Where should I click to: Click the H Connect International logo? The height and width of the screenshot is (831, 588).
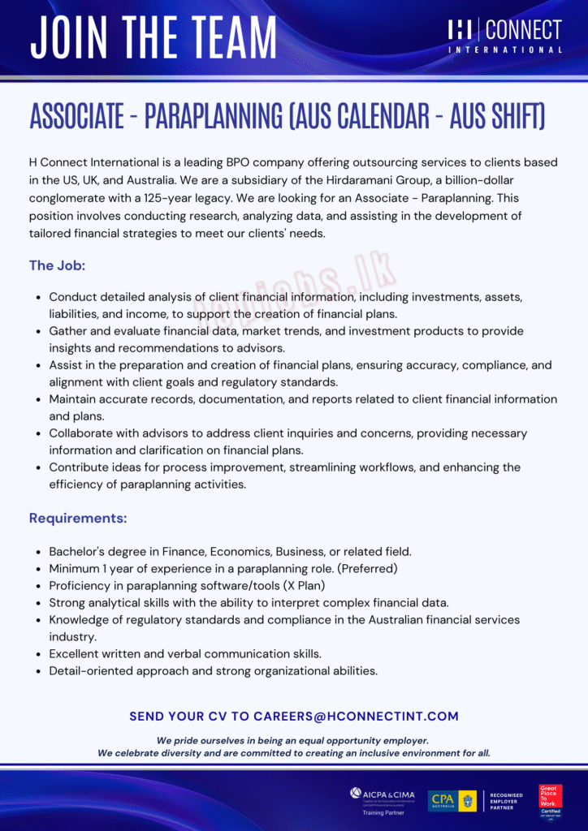pyautogui.click(x=504, y=36)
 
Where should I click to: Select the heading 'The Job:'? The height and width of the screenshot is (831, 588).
pyautogui.click(x=57, y=265)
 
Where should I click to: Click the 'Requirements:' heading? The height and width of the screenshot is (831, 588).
pyautogui.click(x=78, y=518)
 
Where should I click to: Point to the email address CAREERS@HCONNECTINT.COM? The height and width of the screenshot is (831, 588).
pyautogui.click(x=356, y=717)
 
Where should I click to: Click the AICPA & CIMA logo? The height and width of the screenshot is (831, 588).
pyautogui.click(x=383, y=794)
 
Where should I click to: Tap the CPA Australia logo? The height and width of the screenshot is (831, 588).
pyautogui.click(x=452, y=800)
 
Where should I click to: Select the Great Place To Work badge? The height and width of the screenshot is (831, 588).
pyautogui.click(x=550, y=800)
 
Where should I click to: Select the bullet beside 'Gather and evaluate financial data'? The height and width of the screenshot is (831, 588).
pyautogui.click(x=40, y=331)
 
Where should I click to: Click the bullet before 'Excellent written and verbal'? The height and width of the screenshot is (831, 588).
pyautogui.click(x=40, y=654)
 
